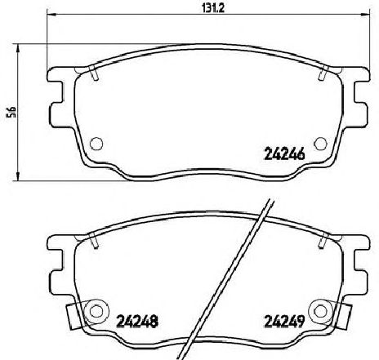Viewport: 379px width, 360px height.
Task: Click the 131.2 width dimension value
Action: tap(212, 8)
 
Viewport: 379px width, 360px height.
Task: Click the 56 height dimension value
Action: tap(12, 112)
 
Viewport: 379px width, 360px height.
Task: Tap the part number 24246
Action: tap(284, 155)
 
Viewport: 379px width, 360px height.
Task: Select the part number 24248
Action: tap(137, 322)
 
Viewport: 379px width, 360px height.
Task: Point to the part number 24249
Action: tap(284, 322)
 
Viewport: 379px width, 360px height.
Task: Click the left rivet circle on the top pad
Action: tap(96, 143)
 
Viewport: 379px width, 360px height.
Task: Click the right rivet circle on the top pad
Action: tap(320, 143)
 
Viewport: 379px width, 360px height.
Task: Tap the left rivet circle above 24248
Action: tap(96, 311)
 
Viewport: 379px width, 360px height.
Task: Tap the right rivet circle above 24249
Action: tap(321, 311)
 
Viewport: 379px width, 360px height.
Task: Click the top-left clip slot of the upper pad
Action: tap(94, 73)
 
